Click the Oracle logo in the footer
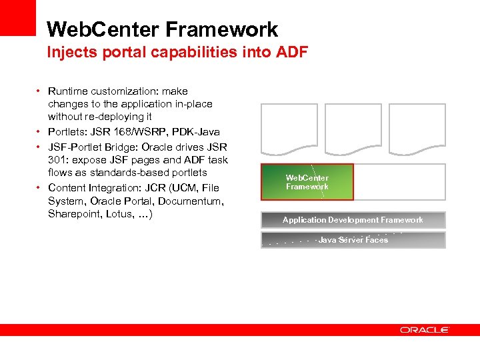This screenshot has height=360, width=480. [425, 329]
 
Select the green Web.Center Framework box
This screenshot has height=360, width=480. [307, 182]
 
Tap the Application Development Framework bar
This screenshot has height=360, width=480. [353, 220]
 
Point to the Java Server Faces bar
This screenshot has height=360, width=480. [353, 240]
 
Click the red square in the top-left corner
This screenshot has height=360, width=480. [17, 17]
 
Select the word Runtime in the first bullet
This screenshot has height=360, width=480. [67, 91]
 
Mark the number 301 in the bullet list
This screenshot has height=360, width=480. [58, 159]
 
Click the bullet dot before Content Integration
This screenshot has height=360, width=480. [39, 187]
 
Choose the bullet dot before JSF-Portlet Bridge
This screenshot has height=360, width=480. [39, 146]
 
